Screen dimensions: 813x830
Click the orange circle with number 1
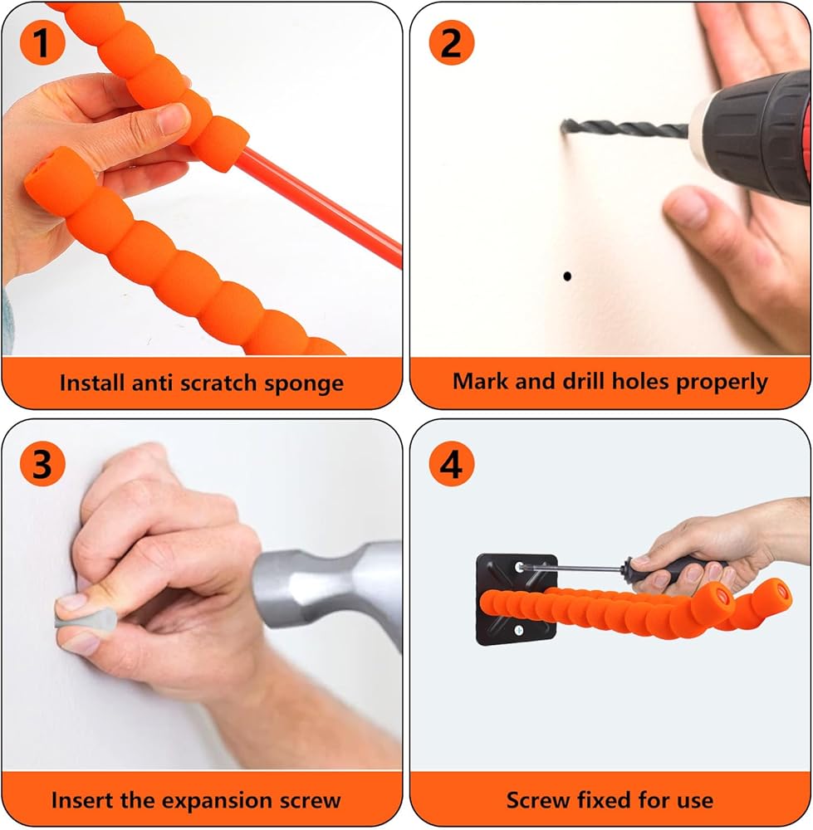click(x=42, y=42)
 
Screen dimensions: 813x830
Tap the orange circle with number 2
click(x=451, y=42)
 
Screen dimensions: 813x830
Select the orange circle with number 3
click(x=42, y=464)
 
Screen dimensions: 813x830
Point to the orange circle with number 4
click(x=451, y=464)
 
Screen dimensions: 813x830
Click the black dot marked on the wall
click(x=567, y=276)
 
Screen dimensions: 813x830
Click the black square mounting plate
click(x=517, y=599)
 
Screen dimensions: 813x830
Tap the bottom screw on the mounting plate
click(x=519, y=630)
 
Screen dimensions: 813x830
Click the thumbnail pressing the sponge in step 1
click(x=174, y=118)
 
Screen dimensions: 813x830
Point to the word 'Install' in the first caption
click(x=91, y=382)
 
